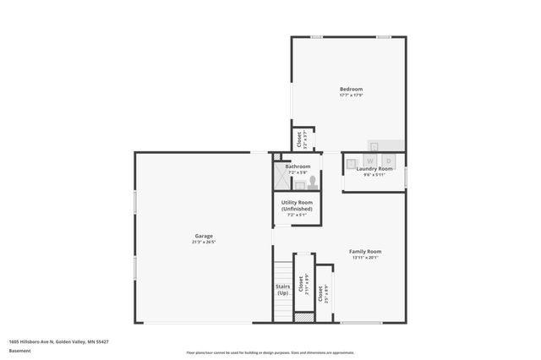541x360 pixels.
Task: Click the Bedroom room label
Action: point(351,89)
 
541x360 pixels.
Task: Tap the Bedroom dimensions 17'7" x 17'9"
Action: point(351,95)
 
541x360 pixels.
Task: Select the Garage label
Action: point(204,236)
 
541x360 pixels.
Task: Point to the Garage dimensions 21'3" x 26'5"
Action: point(204,243)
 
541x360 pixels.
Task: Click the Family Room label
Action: point(366,251)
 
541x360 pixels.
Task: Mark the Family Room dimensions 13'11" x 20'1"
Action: point(366,258)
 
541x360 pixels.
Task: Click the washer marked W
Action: point(370,160)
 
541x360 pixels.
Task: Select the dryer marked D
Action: point(389,160)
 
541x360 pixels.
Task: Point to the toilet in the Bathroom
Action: point(312,179)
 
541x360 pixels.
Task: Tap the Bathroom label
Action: point(298,166)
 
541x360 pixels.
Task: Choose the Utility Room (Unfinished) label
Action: point(297,205)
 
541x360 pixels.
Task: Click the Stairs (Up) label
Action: point(283,289)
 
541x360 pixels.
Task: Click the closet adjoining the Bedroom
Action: point(298,140)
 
